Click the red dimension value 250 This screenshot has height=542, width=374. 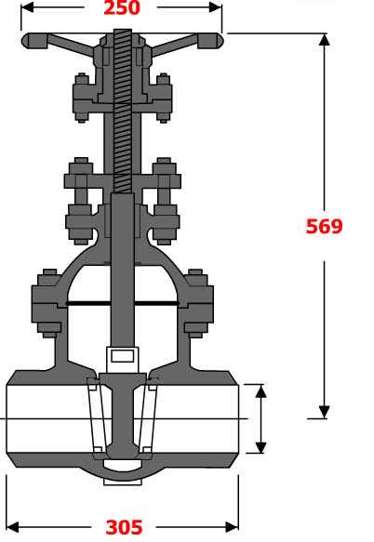(122, 8)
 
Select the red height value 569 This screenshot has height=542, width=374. (325, 226)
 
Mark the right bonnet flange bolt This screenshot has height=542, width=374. (196, 302)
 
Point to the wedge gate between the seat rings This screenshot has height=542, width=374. (122, 418)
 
